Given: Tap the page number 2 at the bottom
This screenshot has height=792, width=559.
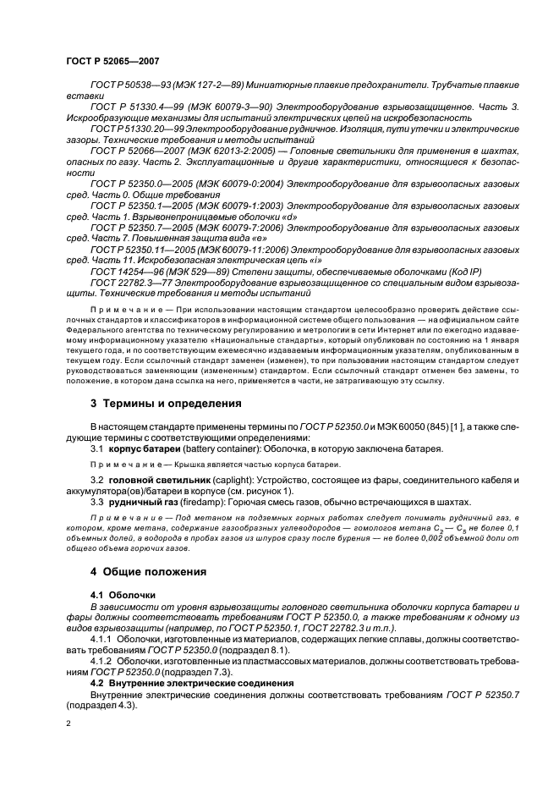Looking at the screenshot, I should coord(69,724).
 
